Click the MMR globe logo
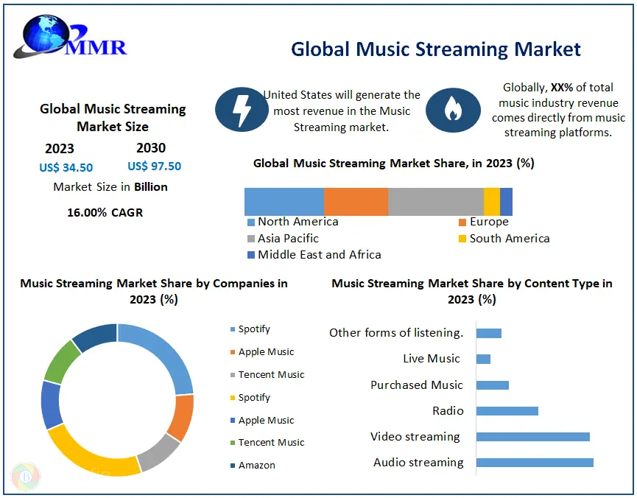pyautogui.click(x=70, y=37)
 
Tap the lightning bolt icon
pyautogui.click(x=242, y=109)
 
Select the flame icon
pyautogui.click(x=453, y=110)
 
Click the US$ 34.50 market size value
pyautogui.click(x=66, y=167)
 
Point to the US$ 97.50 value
pyautogui.click(x=155, y=166)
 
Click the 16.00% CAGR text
pyautogui.click(x=105, y=212)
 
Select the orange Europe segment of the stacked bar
pyautogui.click(x=356, y=202)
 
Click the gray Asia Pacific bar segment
pyautogui.click(x=435, y=202)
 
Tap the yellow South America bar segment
pyautogui.click(x=492, y=202)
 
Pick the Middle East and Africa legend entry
pyautogui.click(x=314, y=255)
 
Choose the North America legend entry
pyautogui.click(x=293, y=222)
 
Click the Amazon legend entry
pyautogui.click(x=253, y=465)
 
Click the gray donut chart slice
pyautogui.click(x=158, y=452)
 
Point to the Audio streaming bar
pyautogui.click(x=535, y=463)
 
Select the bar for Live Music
pyautogui.click(x=483, y=359)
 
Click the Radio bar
pyautogui.click(x=507, y=411)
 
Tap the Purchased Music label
pyautogui.click(x=417, y=385)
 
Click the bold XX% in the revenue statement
pyautogui.click(x=562, y=88)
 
